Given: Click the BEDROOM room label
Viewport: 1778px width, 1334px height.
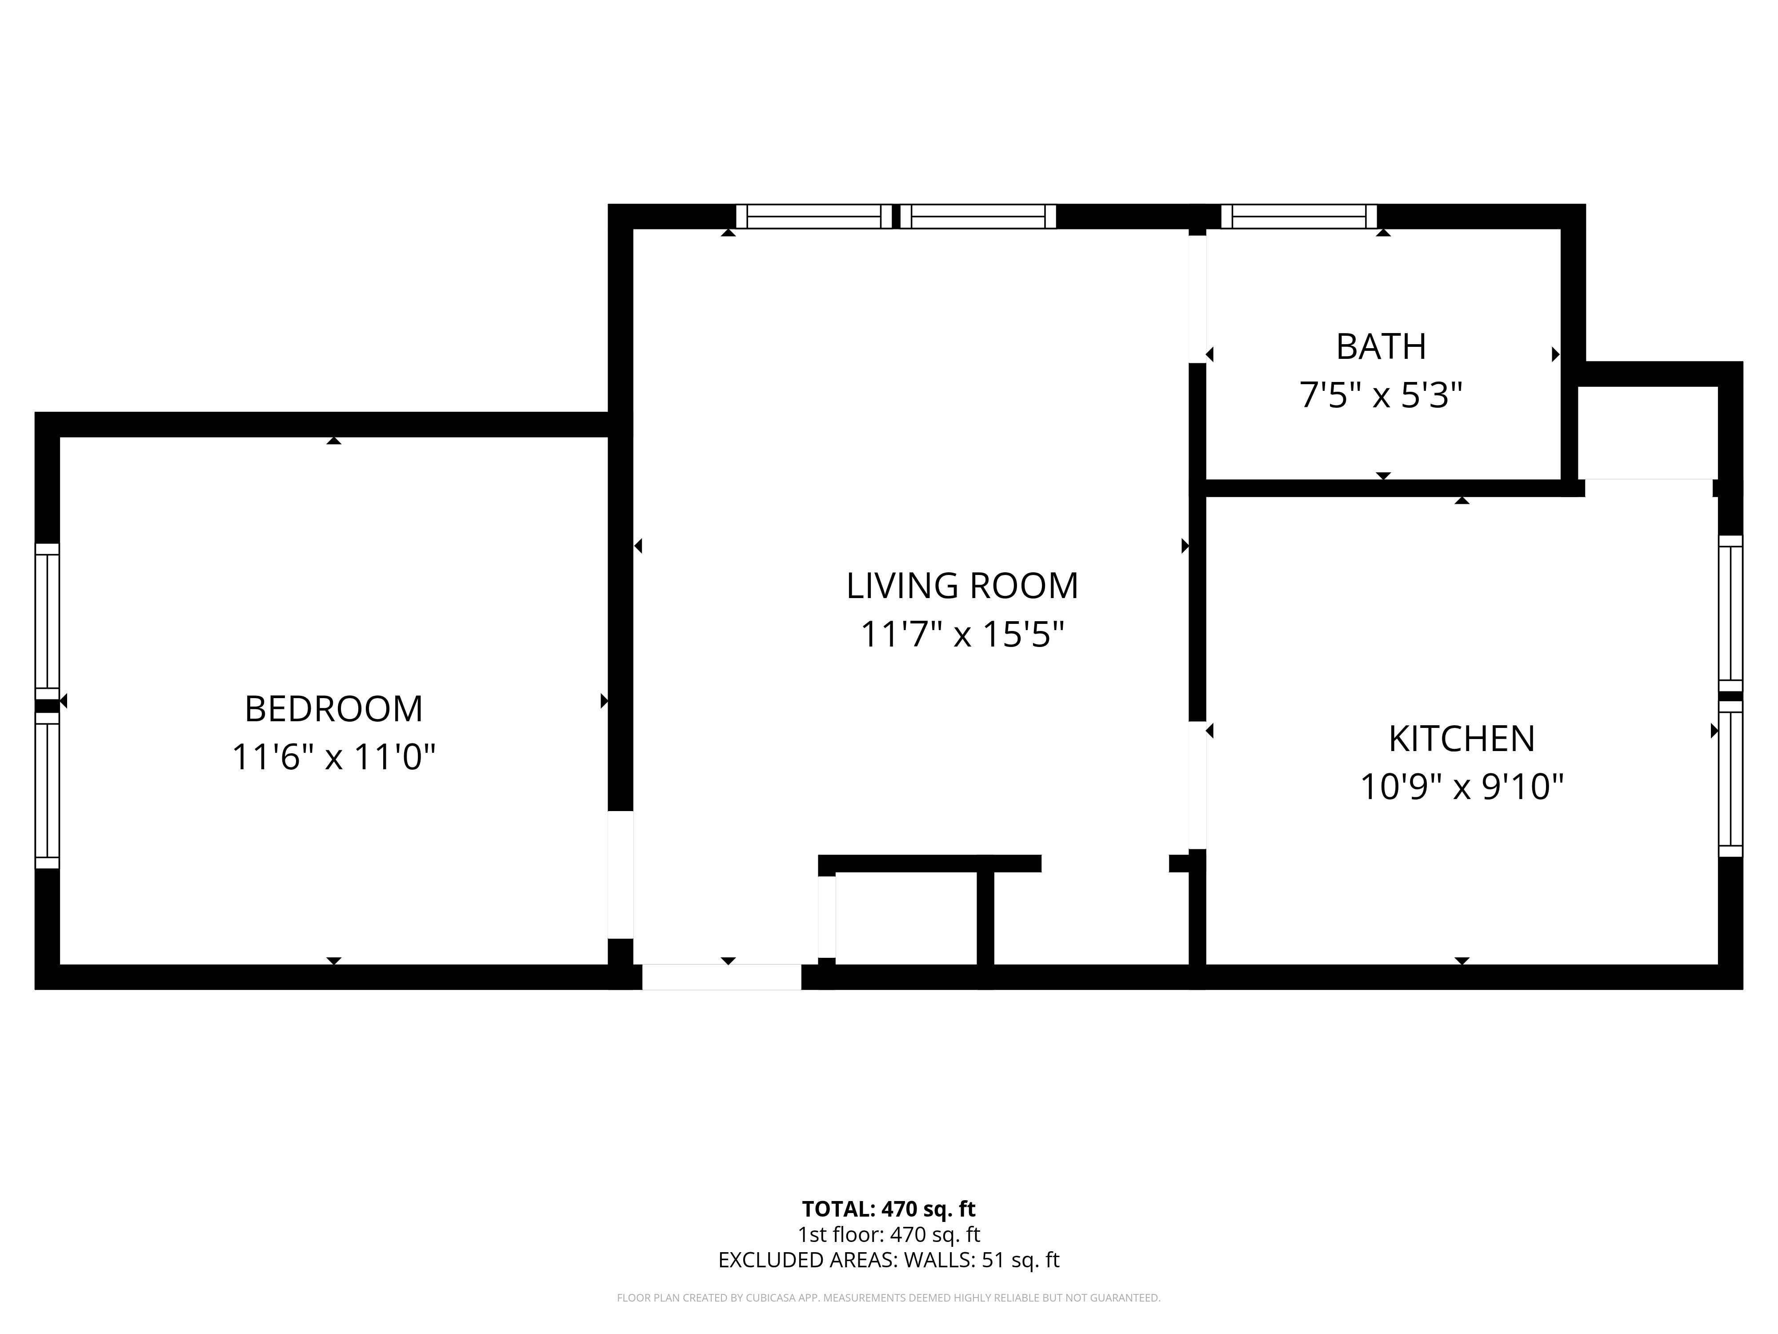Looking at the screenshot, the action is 333,708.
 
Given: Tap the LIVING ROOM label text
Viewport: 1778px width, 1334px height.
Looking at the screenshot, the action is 962,585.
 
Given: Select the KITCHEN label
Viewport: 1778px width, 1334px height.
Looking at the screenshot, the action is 1462,738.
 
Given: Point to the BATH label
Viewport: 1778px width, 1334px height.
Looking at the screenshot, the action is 1381,346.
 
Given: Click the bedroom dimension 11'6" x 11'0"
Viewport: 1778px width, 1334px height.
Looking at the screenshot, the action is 333,757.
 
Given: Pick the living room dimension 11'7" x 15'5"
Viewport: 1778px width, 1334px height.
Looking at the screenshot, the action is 962,634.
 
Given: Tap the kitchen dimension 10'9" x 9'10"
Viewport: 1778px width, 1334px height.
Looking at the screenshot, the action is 1462,787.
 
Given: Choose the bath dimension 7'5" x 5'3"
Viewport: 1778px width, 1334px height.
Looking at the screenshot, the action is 1381,395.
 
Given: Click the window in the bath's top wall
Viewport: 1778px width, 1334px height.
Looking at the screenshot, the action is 1299,216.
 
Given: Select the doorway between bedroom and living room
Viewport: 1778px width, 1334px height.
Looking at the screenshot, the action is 621,875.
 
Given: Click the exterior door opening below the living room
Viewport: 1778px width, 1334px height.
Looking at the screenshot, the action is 722,977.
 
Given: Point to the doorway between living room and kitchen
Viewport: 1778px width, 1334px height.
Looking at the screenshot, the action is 1197,786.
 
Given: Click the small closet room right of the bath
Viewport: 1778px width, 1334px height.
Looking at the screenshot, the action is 1648,433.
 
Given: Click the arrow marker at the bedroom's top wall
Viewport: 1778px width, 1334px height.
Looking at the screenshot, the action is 333,441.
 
